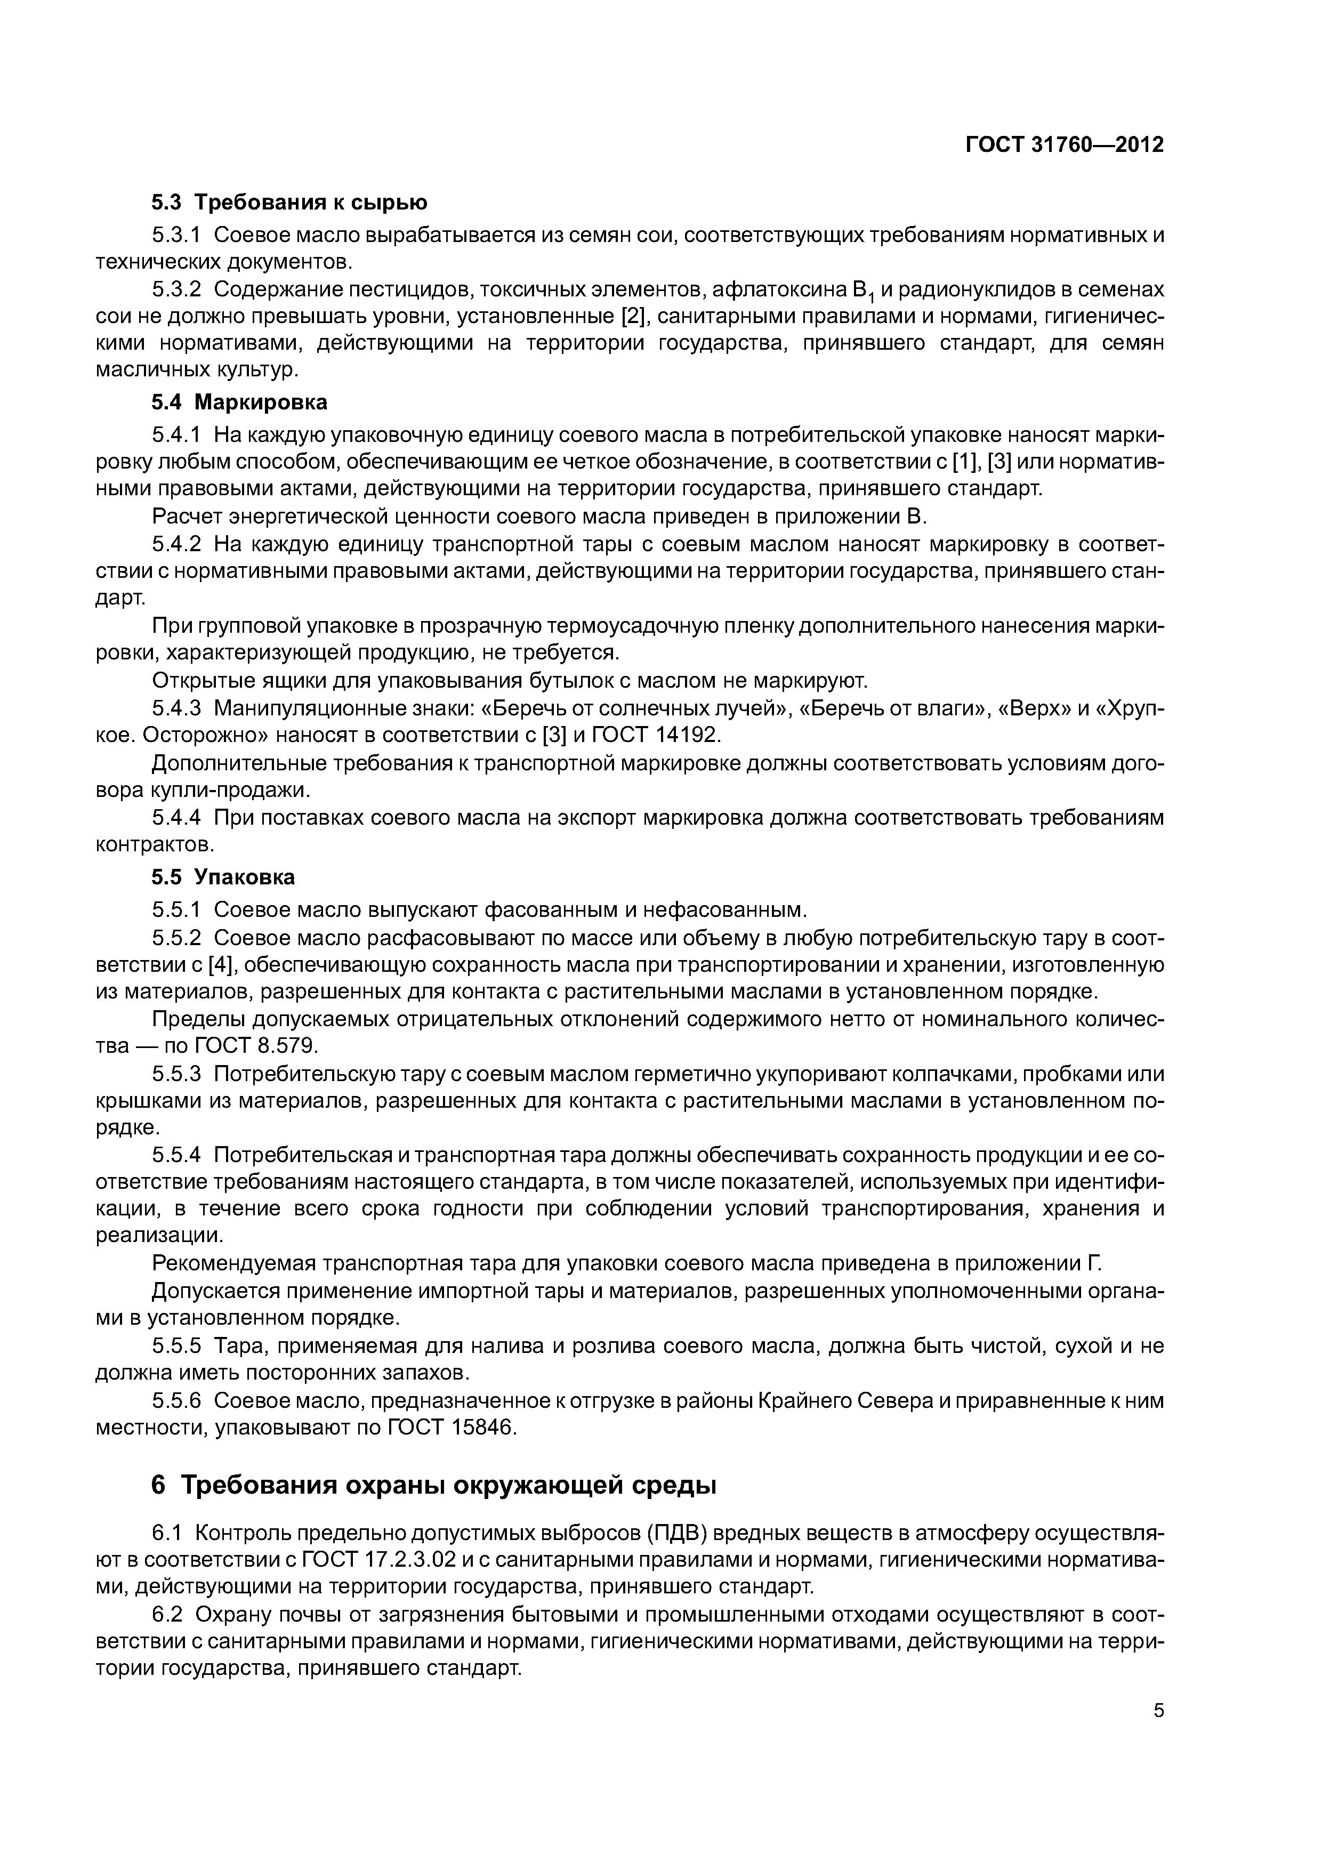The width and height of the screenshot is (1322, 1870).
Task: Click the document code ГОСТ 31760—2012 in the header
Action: coord(1064,145)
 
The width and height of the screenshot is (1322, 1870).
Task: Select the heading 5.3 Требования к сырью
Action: coord(289,201)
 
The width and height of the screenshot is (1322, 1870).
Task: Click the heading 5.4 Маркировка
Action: coord(239,401)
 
